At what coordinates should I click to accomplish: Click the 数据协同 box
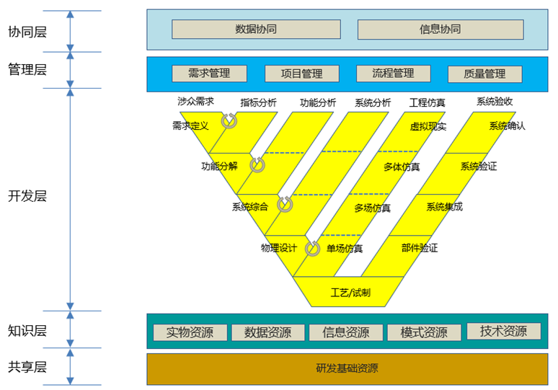(x=256, y=30)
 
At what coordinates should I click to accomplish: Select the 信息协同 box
(x=440, y=30)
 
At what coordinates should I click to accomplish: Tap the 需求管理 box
(x=209, y=74)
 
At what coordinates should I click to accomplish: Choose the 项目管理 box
(x=301, y=74)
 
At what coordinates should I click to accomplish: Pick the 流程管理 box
(x=393, y=74)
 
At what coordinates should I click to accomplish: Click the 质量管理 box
(x=484, y=74)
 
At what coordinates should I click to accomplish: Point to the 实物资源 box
(x=190, y=332)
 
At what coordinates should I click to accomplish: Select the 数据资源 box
(x=267, y=332)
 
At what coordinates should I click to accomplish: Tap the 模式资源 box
(x=424, y=332)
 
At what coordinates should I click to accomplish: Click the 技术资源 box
(x=503, y=331)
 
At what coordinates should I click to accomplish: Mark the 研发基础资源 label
(x=347, y=368)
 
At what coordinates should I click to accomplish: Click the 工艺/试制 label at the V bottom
(x=350, y=292)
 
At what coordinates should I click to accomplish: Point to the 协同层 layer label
(x=27, y=32)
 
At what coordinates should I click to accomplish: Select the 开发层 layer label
(x=27, y=196)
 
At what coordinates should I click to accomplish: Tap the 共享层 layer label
(x=27, y=367)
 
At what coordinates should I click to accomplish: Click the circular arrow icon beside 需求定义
(x=229, y=121)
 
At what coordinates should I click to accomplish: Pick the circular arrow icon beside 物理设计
(x=312, y=249)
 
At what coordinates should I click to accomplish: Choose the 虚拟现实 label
(x=428, y=126)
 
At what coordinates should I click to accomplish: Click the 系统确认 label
(x=507, y=125)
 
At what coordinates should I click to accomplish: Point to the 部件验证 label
(x=419, y=248)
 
